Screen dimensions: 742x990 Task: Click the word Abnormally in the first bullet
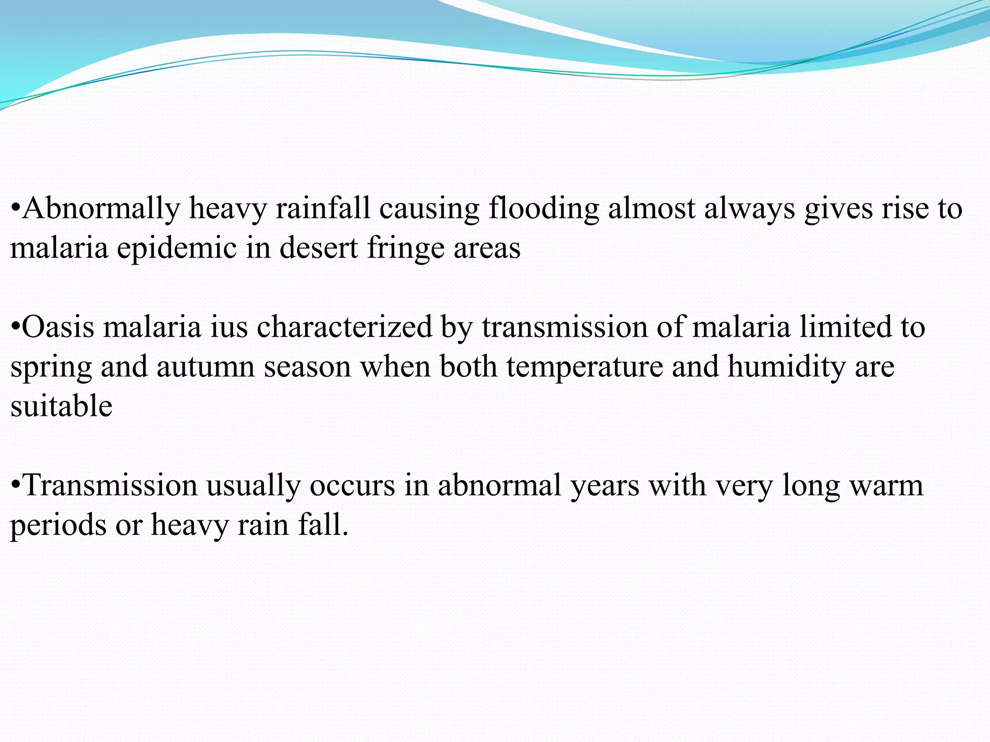tap(101, 209)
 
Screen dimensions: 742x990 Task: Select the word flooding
tap(543, 209)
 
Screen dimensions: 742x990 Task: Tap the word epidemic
tap(176, 249)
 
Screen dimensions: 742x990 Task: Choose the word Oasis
tap(58, 327)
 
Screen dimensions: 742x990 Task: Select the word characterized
tap(344, 327)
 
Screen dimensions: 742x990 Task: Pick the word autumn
tap(205, 367)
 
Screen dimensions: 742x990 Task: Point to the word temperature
tap(585, 367)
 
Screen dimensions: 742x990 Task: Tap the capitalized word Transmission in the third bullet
tap(110, 485)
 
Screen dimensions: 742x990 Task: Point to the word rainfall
tap(323, 208)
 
